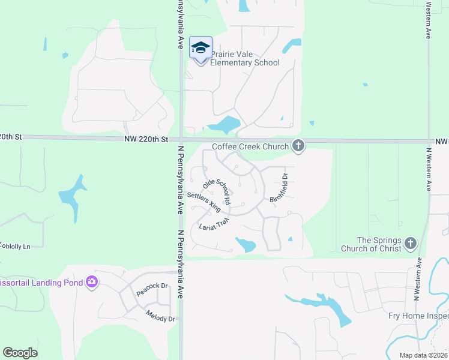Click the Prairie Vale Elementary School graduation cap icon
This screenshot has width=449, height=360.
click(200, 48)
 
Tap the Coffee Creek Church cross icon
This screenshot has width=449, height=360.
click(298, 145)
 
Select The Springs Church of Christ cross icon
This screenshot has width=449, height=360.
click(410, 243)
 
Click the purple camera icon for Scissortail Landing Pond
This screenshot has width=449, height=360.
click(92, 281)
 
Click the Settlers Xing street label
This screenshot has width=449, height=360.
click(204, 203)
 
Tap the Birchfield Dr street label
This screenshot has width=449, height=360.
click(280, 187)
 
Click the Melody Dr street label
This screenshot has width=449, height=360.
click(160, 315)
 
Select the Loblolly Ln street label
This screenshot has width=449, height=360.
click(15, 245)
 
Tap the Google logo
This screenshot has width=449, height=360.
click(20, 353)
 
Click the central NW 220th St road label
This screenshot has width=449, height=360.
click(146, 139)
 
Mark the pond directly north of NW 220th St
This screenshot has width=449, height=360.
click(224, 125)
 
